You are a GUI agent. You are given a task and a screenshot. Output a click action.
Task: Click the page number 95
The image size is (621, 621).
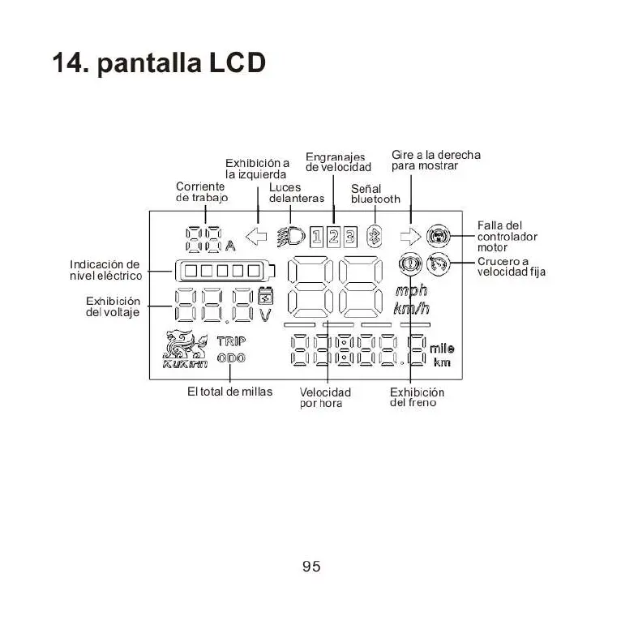(311, 567)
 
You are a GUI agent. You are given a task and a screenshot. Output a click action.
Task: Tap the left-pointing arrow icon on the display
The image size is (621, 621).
(257, 237)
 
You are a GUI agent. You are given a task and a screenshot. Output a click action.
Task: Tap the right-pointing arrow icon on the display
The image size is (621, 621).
(411, 237)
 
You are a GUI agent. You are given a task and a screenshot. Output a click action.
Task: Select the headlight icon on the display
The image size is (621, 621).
(291, 237)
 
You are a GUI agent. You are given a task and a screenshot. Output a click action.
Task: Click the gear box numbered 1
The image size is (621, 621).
(318, 237)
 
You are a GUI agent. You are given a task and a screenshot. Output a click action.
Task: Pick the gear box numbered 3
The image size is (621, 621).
(349, 237)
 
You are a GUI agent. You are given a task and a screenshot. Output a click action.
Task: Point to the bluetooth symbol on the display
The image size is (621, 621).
(375, 237)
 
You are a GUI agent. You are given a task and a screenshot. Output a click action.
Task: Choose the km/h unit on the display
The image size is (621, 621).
(411, 309)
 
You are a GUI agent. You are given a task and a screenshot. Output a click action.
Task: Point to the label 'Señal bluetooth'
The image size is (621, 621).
(375, 194)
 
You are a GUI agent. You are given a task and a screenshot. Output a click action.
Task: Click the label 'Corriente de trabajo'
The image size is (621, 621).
(201, 192)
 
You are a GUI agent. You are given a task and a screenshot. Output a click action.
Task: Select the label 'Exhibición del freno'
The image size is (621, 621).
(417, 397)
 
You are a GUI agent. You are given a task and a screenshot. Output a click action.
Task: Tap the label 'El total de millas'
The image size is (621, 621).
(229, 392)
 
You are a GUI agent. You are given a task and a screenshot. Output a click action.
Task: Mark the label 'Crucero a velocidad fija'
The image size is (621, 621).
(511, 267)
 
